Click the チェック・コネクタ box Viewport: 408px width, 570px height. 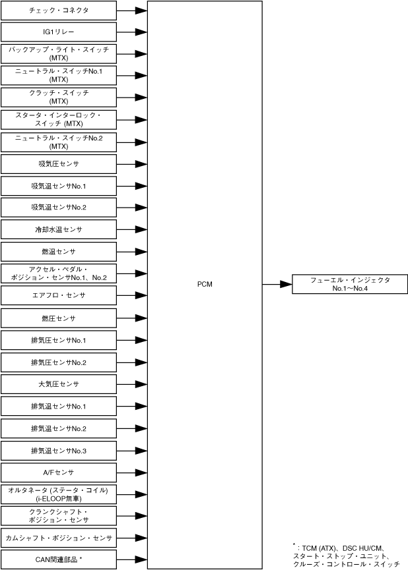click(x=59, y=11)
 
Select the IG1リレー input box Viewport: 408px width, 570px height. click(x=59, y=32)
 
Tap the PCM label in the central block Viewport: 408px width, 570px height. click(x=205, y=284)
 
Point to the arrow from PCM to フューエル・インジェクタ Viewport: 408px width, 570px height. click(x=277, y=284)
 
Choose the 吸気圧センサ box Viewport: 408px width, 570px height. click(x=59, y=163)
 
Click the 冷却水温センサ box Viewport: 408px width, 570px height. click(x=59, y=230)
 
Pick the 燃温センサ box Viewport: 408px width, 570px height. click(x=59, y=252)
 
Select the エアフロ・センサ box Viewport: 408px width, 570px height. click(x=59, y=295)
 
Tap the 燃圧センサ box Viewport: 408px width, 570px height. click(x=59, y=318)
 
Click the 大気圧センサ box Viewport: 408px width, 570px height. click(x=59, y=384)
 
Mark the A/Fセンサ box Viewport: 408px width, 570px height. click(x=59, y=472)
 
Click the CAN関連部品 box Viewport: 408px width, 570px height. click(x=59, y=559)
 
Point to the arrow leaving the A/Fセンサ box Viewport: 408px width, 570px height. click(x=132, y=472)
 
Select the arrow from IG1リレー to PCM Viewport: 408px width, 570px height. click(x=132, y=32)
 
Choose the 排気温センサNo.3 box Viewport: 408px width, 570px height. click(x=59, y=451)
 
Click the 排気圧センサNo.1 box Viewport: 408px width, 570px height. click(x=59, y=340)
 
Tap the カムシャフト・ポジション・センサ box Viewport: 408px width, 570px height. click(x=59, y=538)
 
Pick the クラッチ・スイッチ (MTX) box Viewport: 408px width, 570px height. click(x=59, y=97)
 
